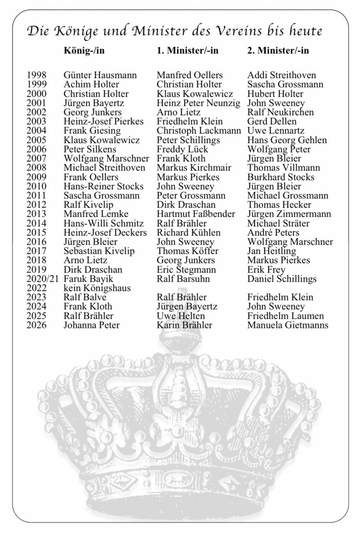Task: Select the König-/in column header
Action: click(88, 50)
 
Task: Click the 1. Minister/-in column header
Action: click(188, 50)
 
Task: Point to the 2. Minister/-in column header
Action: click(278, 50)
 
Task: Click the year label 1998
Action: click(36, 75)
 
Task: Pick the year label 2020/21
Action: click(42, 279)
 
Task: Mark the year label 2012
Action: click(36, 205)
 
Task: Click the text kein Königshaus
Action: click(97, 288)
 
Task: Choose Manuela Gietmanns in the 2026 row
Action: click(288, 325)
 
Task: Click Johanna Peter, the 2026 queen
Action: click(91, 325)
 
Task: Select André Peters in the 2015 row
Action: click(273, 233)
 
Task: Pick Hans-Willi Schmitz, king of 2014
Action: click(104, 223)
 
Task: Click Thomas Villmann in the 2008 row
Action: click(283, 168)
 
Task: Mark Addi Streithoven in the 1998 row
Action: click(281, 75)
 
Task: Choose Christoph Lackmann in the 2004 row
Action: click(199, 131)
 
